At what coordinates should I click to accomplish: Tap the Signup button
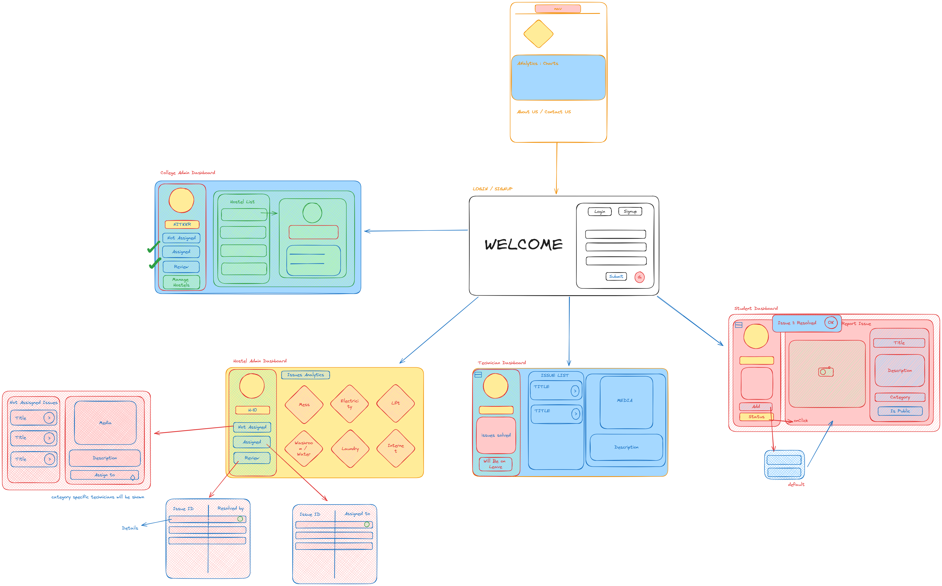[x=630, y=212]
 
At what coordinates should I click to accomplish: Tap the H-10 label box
[x=253, y=410]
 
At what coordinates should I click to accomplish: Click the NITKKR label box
[x=182, y=224]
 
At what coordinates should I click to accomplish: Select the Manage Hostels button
[x=181, y=282]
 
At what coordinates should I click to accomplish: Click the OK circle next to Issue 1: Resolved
[x=831, y=322]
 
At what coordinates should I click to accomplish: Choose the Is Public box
[x=900, y=411]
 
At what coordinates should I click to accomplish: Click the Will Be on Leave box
[x=495, y=464]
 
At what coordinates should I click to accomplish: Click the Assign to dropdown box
[x=105, y=475]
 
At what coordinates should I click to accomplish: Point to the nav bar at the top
[x=558, y=9]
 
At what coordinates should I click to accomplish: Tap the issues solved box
[x=496, y=435]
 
